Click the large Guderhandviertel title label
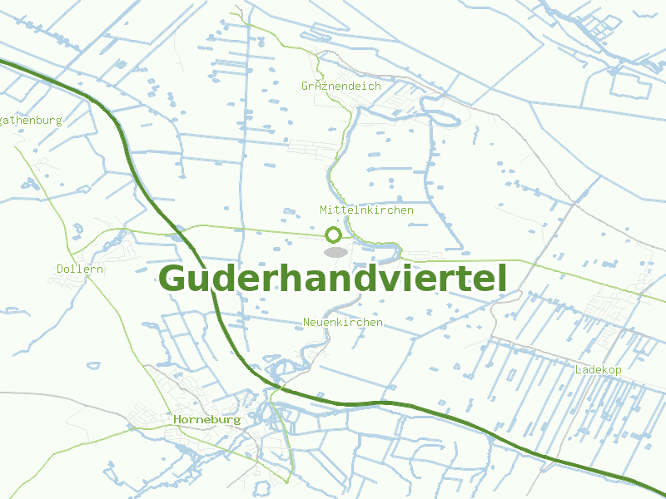[332, 279]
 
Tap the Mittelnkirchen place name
[366, 210]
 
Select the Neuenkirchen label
[343, 322]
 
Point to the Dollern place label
[80, 269]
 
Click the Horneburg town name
[207, 419]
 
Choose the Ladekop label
[599, 369]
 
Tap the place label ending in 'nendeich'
[341, 86]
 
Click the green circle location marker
[334, 235]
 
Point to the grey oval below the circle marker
[335, 251]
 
